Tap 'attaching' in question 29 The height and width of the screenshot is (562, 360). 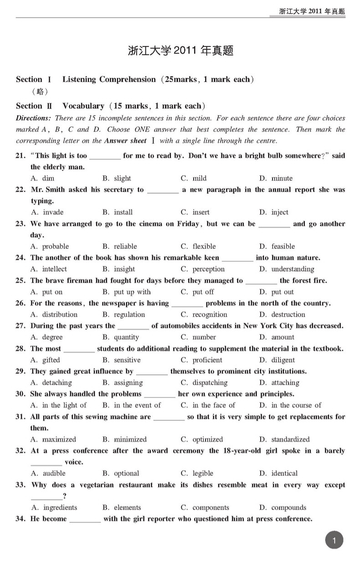(x=285, y=383)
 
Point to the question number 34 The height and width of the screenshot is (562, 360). (x=21, y=519)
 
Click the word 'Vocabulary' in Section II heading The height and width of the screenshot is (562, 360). (x=83, y=106)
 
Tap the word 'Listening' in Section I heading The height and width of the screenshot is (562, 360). (x=79, y=79)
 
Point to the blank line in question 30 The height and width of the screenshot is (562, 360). (x=159, y=395)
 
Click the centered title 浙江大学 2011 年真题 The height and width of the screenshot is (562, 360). (x=181, y=51)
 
